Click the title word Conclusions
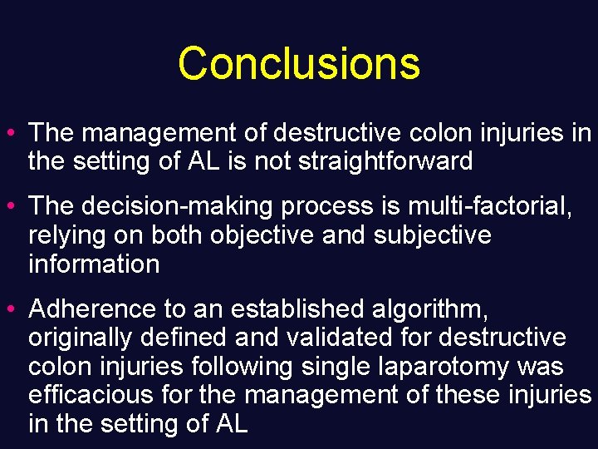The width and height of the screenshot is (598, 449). [x=299, y=63]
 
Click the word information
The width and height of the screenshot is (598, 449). [x=93, y=264]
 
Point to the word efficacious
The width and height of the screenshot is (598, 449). [x=91, y=395]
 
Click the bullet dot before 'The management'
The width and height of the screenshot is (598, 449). [x=16, y=132]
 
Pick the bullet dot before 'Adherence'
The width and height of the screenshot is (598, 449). [x=16, y=309]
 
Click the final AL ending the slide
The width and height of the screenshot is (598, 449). [x=231, y=424]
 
